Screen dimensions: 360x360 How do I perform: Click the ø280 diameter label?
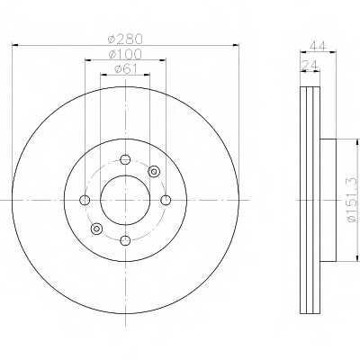click(125, 39)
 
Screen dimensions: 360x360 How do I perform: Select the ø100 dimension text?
click(125, 54)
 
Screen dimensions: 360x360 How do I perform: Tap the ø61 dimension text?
click(125, 69)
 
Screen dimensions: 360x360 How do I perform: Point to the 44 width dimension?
click(318, 47)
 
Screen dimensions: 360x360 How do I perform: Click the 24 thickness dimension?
click(310, 65)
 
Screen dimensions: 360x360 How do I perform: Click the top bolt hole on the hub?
click(125, 159)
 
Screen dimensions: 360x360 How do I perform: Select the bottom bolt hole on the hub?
click(125, 240)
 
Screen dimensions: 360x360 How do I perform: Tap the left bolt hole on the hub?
click(85, 200)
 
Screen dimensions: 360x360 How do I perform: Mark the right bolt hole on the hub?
click(166, 200)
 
